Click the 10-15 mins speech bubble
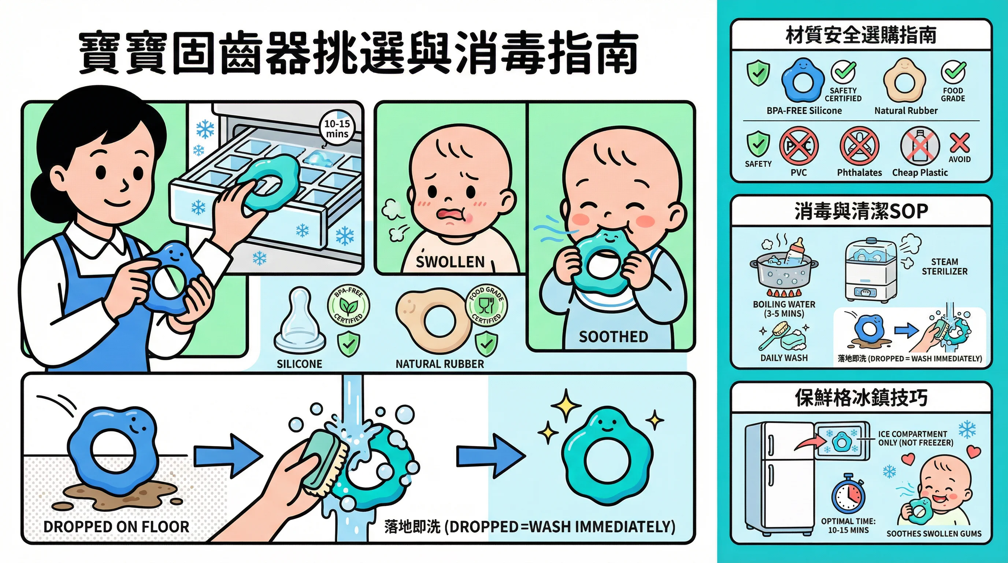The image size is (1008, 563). pyautogui.click(x=337, y=128)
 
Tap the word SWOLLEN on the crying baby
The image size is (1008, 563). pyautogui.click(x=450, y=262)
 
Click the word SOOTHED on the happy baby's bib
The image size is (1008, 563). pyautogui.click(x=613, y=337)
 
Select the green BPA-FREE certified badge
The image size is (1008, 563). pyautogui.click(x=348, y=305)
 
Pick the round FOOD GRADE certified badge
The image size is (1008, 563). pyautogui.click(x=486, y=305)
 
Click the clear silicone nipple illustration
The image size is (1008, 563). pyautogui.click(x=299, y=321)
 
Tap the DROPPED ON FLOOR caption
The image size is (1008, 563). pyautogui.click(x=116, y=527)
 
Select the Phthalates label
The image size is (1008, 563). pyautogui.click(x=859, y=173)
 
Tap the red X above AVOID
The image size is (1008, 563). pyautogui.click(x=960, y=143)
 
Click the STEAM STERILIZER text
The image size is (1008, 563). pyautogui.click(x=945, y=266)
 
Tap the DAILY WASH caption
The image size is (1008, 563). pyautogui.click(x=784, y=358)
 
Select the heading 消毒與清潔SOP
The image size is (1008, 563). pyautogui.click(x=861, y=211)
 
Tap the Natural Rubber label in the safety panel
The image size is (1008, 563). pyautogui.click(x=906, y=111)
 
